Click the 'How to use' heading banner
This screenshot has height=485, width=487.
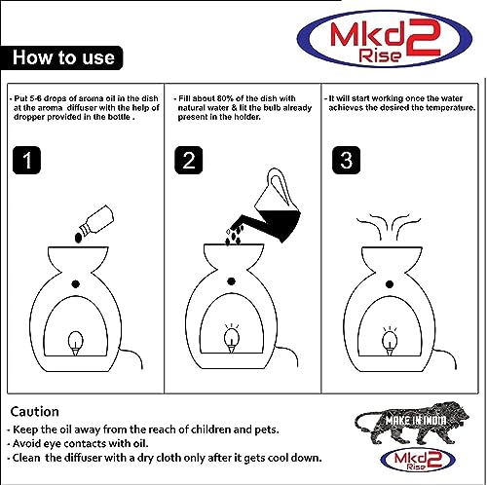(x=61, y=57)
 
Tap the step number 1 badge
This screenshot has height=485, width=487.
(x=26, y=160)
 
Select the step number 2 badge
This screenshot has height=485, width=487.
(x=189, y=160)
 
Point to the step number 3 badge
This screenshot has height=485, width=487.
(x=347, y=160)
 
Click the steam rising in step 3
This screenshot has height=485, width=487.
(x=389, y=227)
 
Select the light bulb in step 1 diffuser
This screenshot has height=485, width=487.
(x=75, y=343)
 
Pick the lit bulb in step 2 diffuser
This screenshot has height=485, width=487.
(x=232, y=339)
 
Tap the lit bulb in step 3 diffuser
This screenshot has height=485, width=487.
(x=390, y=341)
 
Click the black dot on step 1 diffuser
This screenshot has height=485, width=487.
(x=76, y=284)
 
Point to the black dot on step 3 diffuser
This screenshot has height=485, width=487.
(x=390, y=284)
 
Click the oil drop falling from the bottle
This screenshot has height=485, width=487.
(x=78, y=239)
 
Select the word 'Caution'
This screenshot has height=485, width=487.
(x=35, y=412)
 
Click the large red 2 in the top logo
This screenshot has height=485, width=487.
(x=423, y=38)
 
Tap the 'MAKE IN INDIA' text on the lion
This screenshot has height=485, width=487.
(x=416, y=421)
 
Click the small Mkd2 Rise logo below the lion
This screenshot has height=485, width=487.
(x=418, y=460)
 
